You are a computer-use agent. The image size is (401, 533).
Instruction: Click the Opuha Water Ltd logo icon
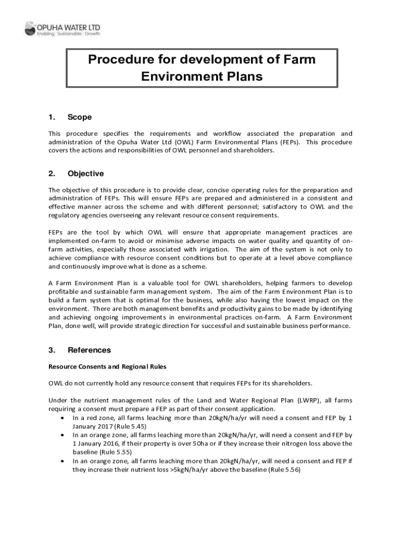tap(30, 28)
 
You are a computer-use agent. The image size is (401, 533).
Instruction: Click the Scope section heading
tap(79, 117)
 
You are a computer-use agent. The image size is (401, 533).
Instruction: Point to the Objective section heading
tap(85, 173)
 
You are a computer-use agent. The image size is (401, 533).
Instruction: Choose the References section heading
tap(89, 350)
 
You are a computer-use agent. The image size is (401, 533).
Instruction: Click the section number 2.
tap(52, 173)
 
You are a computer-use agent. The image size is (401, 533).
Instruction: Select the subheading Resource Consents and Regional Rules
tap(107, 366)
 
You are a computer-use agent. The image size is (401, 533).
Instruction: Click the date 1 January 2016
tap(95, 443)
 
